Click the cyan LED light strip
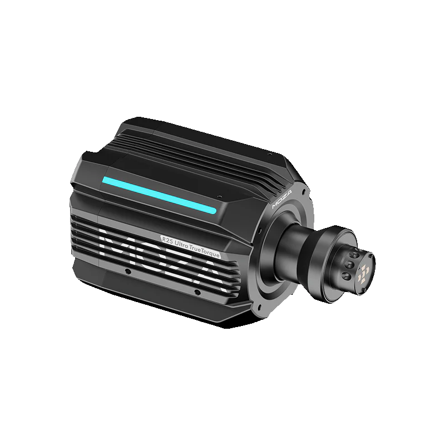[160, 194]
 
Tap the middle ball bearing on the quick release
[349, 265]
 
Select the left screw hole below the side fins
[128, 271]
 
